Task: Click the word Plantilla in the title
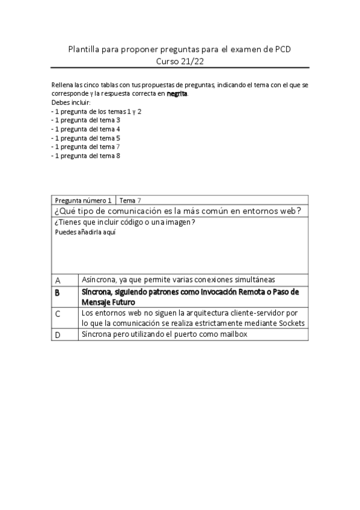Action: [85, 49]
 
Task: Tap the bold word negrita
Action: [178, 94]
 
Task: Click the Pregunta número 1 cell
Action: [83, 200]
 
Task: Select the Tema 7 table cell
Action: [130, 200]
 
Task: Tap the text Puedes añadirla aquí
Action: [81, 232]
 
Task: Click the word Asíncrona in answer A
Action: [99, 280]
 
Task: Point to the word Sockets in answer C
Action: [291, 323]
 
